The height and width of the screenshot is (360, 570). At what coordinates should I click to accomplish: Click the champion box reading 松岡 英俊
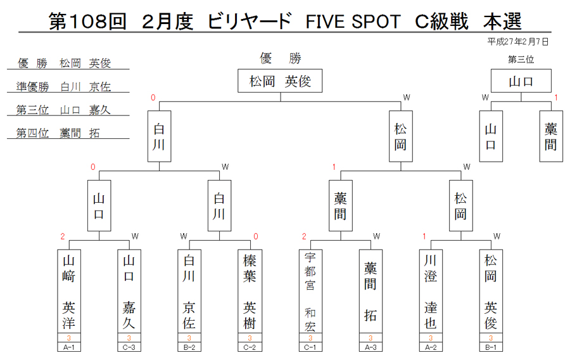click(280, 80)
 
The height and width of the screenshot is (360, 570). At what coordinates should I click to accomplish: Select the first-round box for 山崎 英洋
click(68, 291)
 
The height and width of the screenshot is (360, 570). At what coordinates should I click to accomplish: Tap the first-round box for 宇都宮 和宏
click(310, 291)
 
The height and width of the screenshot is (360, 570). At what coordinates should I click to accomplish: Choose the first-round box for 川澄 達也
click(431, 291)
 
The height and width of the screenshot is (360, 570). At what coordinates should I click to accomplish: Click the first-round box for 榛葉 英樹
click(250, 291)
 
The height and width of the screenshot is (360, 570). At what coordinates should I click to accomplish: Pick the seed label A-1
click(68, 347)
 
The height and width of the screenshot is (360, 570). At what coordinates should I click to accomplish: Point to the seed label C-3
click(129, 347)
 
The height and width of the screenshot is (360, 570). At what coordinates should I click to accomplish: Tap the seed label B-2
click(189, 347)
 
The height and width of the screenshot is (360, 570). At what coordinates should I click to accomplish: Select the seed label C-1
click(310, 347)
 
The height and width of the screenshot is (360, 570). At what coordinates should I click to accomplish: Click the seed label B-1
click(491, 347)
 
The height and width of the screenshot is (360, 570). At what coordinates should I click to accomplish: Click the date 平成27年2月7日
click(518, 42)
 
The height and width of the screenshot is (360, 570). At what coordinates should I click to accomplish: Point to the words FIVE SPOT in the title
click(353, 22)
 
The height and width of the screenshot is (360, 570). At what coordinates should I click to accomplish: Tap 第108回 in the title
click(87, 21)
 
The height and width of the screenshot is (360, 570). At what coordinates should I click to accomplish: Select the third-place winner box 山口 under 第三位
click(521, 80)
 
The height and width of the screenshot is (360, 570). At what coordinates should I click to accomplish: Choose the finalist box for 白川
click(159, 136)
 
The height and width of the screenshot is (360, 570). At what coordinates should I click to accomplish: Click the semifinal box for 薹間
click(341, 206)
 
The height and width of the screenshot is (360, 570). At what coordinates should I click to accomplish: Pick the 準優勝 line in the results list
click(63, 87)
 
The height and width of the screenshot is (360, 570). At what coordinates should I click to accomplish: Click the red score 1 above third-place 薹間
click(556, 98)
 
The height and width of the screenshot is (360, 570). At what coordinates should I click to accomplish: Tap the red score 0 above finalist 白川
click(153, 98)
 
